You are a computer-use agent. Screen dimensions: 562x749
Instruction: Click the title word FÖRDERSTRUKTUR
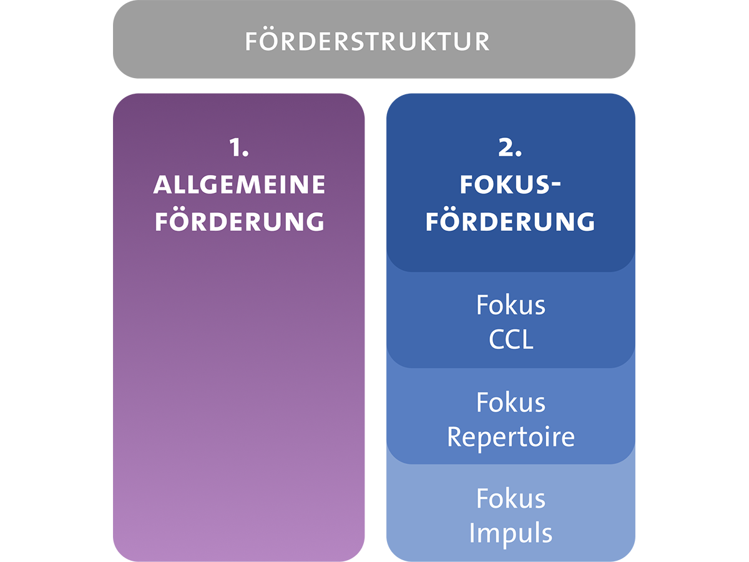[367, 41]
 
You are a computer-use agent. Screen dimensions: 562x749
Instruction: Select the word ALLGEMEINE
[240, 185]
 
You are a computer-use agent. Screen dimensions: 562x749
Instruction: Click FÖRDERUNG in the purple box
[240, 222]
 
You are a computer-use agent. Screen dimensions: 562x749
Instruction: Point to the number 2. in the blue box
[510, 149]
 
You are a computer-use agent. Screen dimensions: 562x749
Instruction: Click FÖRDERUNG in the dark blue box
[511, 222]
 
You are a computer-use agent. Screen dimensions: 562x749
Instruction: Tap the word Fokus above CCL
[511, 305]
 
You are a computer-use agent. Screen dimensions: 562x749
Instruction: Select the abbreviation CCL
[511, 340]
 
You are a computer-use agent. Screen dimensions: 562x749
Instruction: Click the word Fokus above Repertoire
[511, 403]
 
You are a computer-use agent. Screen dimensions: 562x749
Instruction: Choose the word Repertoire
[511, 437]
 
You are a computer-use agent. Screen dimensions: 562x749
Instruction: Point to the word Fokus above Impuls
[511, 499]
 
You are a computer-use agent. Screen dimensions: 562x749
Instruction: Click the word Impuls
[511, 534]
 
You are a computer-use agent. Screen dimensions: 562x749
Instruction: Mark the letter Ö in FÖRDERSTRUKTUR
[270, 41]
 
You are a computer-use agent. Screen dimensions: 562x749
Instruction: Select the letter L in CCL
[527, 341]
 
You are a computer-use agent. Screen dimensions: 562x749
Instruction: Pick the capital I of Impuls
[472, 533]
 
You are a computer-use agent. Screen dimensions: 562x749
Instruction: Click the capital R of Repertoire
[455, 437]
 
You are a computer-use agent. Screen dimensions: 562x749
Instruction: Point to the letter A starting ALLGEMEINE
[162, 185]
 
